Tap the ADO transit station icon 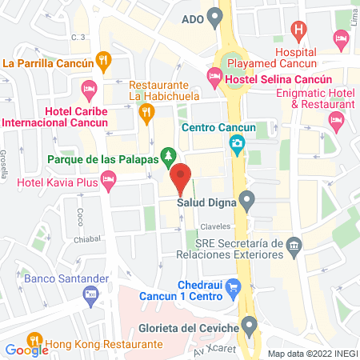coord(214,16)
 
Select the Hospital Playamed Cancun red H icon coord(300,32)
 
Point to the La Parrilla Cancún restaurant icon coord(103,59)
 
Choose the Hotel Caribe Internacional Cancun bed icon coord(88,86)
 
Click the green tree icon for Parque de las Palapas coord(167,154)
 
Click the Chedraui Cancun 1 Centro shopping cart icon coord(233,285)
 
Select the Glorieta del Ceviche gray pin coord(250,324)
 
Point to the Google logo coord(27,349)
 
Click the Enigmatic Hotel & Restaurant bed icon coord(336,119)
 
